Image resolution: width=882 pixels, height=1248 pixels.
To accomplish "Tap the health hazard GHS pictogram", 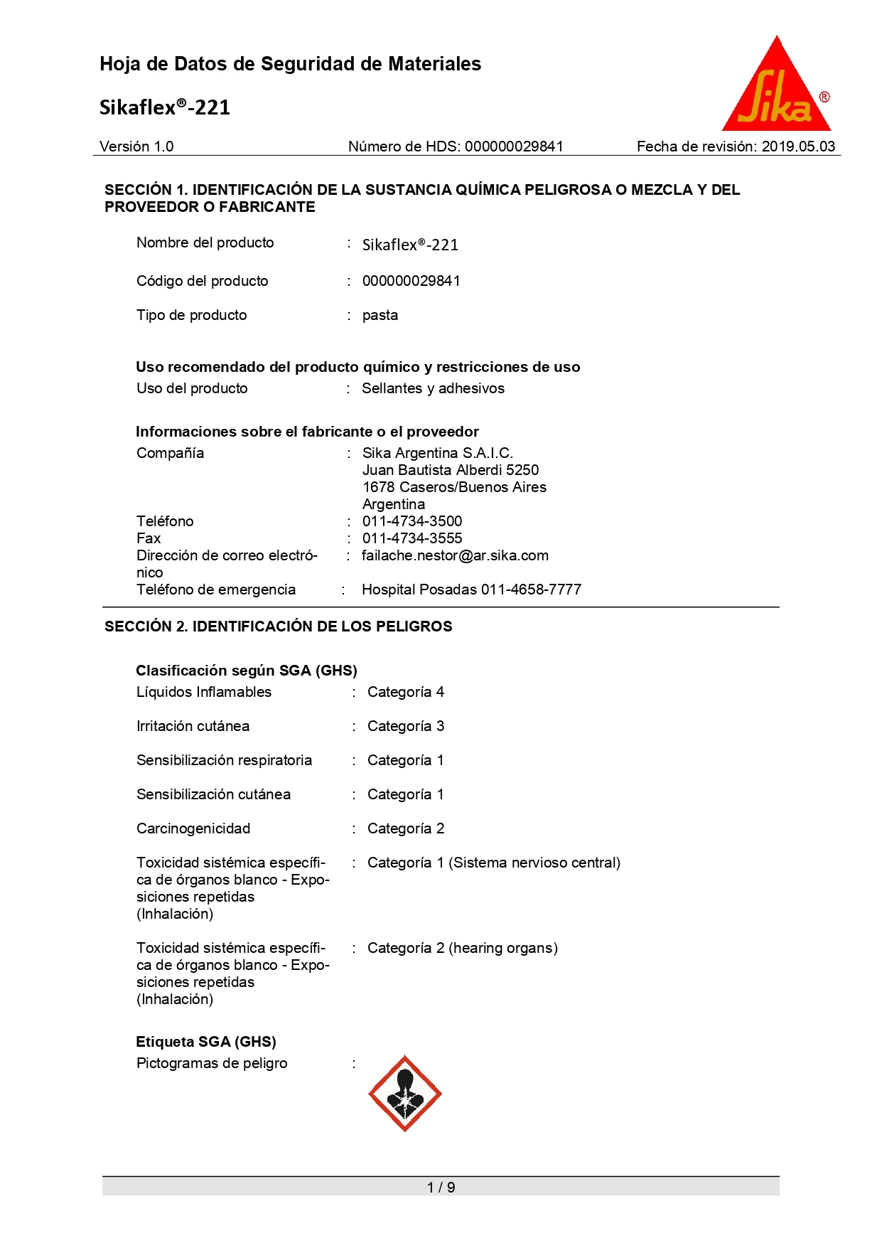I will coord(404,1094).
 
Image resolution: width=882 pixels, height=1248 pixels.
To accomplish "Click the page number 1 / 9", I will coord(441,1187).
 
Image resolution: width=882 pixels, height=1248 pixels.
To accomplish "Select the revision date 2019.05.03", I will coord(798,146).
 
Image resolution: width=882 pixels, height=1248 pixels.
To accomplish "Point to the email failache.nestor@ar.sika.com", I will coord(455,555).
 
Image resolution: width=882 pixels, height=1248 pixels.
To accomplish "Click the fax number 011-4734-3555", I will coord(412,538).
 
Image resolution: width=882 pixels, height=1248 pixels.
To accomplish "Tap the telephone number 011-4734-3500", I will coord(412,521).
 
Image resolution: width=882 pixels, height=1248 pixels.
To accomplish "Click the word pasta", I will coord(380,315).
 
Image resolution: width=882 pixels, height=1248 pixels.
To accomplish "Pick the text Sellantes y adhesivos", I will coord(433,388).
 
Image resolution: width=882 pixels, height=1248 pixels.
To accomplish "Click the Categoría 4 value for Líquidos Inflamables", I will coord(406,692).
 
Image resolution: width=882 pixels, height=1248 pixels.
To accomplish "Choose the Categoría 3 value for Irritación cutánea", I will coord(406,726).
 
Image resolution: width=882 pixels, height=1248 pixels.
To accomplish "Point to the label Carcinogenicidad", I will coord(193,828).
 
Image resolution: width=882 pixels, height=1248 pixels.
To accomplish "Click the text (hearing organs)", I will coord(503,948).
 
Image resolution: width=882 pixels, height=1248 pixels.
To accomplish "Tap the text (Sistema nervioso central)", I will coord(534,863).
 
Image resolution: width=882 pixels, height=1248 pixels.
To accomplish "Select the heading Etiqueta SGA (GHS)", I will coord(206,1042).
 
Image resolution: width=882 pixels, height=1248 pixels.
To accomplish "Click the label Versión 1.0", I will coord(136,146).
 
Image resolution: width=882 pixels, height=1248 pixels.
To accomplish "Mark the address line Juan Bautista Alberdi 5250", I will coord(451,470).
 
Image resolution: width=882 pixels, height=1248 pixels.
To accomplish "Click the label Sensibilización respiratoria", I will coord(224,760).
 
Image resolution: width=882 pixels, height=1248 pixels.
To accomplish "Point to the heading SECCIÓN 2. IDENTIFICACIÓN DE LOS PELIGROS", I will coord(279,626).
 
